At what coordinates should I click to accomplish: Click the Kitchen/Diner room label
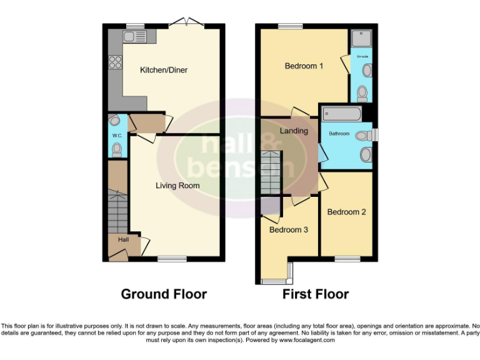(164, 70)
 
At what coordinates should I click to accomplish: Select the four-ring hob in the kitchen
(116, 62)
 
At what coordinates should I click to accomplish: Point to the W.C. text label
(116, 135)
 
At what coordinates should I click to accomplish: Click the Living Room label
(177, 186)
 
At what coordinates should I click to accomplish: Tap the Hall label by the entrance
(117, 239)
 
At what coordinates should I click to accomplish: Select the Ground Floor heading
(164, 294)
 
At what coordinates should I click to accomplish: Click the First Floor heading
(316, 294)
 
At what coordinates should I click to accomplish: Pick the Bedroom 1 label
(304, 66)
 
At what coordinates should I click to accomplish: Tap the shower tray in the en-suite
(361, 39)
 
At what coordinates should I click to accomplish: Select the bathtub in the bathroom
(341, 114)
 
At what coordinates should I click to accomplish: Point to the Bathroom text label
(339, 133)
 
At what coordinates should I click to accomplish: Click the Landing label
(294, 131)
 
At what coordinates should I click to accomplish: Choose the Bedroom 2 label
(346, 212)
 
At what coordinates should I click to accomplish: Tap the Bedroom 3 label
(288, 229)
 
